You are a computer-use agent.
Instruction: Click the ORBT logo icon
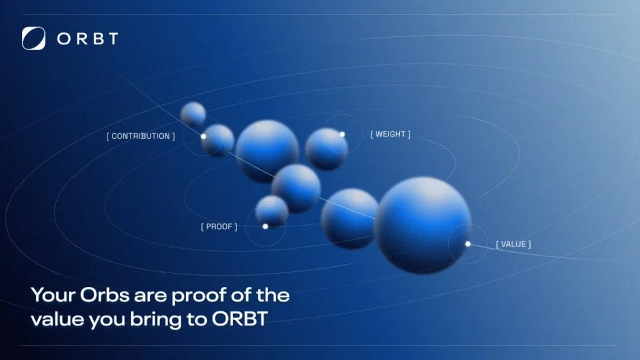tap(34, 38)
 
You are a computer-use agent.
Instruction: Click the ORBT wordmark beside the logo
tap(87, 39)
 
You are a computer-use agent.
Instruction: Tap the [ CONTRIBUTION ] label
tap(141, 136)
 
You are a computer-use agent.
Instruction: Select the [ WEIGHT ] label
tap(390, 134)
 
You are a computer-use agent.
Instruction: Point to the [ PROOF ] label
tap(219, 226)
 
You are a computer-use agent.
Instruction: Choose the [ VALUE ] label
tap(514, 244)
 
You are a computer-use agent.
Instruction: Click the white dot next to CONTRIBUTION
tap(203, 136)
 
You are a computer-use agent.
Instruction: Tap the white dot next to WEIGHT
tap(342, 134)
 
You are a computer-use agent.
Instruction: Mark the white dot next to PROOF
tap(265, 226)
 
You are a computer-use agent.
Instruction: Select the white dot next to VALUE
tap(467, 244)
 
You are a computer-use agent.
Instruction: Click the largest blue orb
tap(423, 224)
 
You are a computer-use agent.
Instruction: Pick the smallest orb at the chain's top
tap(193, 114)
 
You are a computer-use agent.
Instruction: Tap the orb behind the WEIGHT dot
tap(326, 149)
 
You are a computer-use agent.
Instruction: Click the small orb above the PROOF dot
tap(272, 211)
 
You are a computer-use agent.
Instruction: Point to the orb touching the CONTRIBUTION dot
tap(217, 141)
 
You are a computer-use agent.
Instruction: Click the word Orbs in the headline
tap(104, 295)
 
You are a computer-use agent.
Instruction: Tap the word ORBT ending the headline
tap(239, 319)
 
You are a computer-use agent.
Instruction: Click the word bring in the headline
tap(156, 320)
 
